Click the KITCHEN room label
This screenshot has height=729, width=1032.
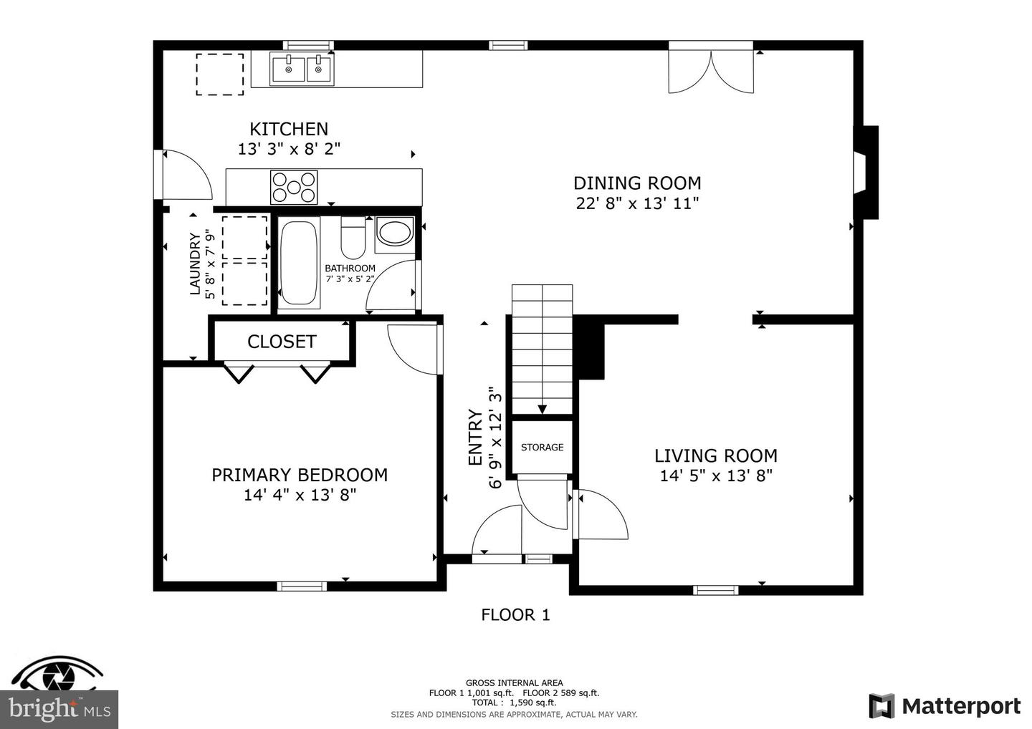click(x=289, y=130)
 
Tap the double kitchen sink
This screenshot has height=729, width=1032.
click(x=301, y=69)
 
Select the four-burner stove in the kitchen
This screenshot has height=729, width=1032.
click(x=294, y=187)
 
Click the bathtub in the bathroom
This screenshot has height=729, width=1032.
click(x=299, y=263)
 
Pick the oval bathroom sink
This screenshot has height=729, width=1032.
click(x=395, y=233)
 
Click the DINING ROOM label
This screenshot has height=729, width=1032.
click(x=637, y=183)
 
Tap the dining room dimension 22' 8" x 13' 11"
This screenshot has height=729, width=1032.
click(x=637, y=203)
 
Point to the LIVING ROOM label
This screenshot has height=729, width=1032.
click(x=715, y=456)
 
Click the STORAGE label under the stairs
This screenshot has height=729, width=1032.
click(x=542, y=448)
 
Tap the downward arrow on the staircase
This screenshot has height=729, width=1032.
click(x=543, y=409)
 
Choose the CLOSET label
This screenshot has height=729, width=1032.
click(x=282, y=342)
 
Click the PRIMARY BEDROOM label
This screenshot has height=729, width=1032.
click(x=300, y=475)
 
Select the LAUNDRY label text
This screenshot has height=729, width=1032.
click(x=195, y=264)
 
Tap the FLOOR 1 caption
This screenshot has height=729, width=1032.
click(x=515, y=614)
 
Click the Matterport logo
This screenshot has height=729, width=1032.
click(x=945, y=706)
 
